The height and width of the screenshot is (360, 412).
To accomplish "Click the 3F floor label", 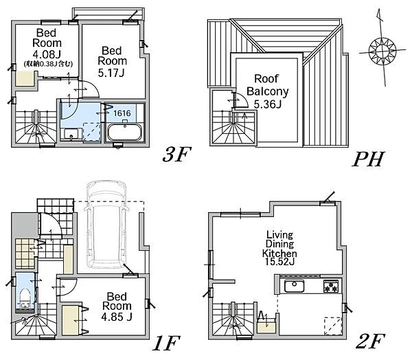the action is point(176,154).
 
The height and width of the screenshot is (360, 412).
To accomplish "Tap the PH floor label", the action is point(368,159).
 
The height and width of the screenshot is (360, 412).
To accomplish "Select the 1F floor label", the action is point(166,343).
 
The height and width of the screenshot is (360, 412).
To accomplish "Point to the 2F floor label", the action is point(369,341).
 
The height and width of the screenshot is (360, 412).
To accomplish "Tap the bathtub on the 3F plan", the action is point(124,132).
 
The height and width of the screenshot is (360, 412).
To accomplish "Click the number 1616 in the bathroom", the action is point(122,113).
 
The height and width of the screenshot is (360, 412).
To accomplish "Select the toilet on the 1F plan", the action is point(25,297).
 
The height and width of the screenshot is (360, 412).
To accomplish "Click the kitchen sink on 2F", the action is point(295,286).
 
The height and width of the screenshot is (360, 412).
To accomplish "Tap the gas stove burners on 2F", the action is point(331,286).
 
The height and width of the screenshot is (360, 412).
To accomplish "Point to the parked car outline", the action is point(107,224).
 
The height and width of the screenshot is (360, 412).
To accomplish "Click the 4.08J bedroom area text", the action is point(47,54).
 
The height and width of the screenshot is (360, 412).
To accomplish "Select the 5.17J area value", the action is point(111,72).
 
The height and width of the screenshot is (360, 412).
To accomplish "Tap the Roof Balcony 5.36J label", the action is point(268,91).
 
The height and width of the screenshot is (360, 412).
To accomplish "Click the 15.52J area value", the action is point(279,262).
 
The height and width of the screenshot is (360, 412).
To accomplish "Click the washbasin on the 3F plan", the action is point(70,133).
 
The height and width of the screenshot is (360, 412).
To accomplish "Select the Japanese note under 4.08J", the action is point(48,64).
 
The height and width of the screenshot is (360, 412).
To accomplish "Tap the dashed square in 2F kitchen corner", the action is point(332,326).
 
